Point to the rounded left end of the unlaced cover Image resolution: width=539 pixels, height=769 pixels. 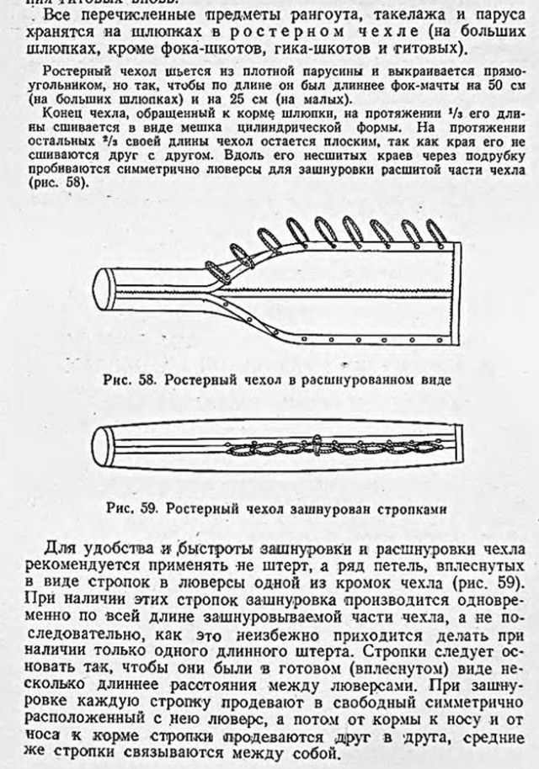(x=106, y=291)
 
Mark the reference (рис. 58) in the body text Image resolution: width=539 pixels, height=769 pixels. (x=67, y=179)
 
